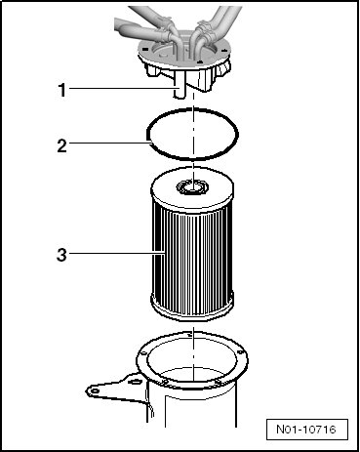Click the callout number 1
click(x=62, y=90)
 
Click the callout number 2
click(x=61, y=145)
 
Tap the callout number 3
click(x=61, y=255)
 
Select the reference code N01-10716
click(x=306, y=429)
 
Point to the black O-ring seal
click(x=192, y=109)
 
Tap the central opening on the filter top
click(x=192, y=187)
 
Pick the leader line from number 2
click(x=110, y=143)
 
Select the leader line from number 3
click(x=116, y=253)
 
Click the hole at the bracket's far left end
click(x=95, y=390)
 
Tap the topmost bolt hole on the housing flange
click(x=189, y=335)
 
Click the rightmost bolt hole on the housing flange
click(x=240, y=352)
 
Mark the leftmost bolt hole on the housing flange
click(x=142, y=353)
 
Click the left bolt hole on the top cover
click(x=145, y=50)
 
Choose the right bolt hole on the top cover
click(x=224, y=51)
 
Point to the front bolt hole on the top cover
click(x=200, y=62)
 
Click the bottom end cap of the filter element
click(x=192, y=308)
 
